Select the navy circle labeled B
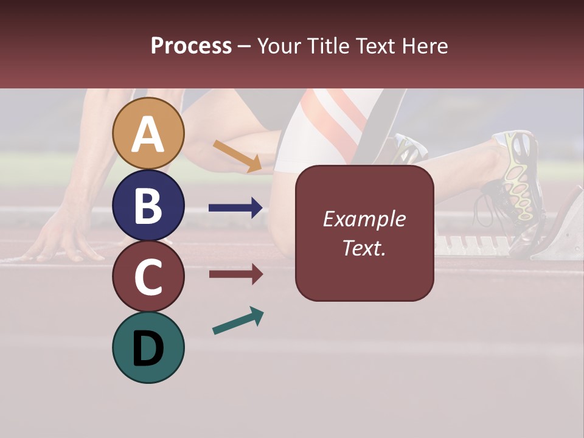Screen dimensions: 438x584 pyautogui.click(x=148, y=205)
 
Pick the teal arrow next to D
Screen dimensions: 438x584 pyautogui.click(x=238, y=321)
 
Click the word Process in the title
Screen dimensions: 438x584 pyautogui.click(x=191, y=46)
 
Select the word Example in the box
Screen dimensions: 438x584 pyautogui.click(x=364, y=219)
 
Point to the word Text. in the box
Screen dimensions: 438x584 pyautogui.click(x=364, y=248)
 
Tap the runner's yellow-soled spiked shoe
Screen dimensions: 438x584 pyautogui.click(x=520, y=176)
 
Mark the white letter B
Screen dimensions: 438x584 pyautogui.click(x=148, y=206)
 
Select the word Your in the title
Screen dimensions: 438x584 pyautogui.click(x=278, y=46)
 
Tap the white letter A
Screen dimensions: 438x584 pyautogui.click(x=148, y=134)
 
